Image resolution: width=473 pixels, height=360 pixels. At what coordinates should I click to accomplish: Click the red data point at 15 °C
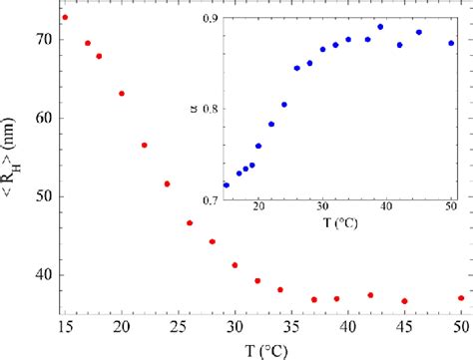(x=65, y=17)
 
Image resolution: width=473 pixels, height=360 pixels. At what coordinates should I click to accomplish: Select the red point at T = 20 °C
(x=122, y=94)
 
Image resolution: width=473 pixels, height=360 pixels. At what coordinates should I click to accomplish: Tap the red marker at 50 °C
(x=461, y=297)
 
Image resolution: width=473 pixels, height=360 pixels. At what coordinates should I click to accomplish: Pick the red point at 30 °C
(x=235, y=265)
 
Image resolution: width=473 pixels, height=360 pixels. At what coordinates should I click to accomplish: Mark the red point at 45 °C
(x=404, y=301)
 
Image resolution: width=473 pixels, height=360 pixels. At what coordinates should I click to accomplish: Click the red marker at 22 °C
(x=144, y=146)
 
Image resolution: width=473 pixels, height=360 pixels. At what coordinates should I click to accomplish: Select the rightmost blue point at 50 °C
(x=451, y=43)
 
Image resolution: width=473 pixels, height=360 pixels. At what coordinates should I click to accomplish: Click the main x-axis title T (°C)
(x=262, y=350)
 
